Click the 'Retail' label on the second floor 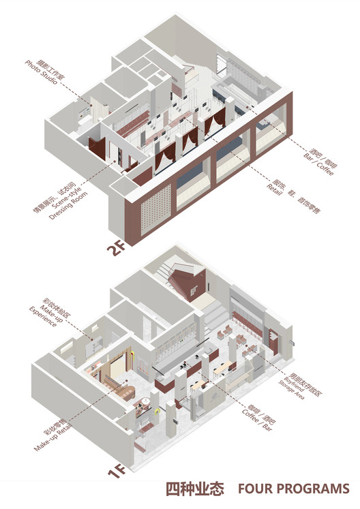click(x=277, y=194)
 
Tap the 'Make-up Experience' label click(x=48, y=322)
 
